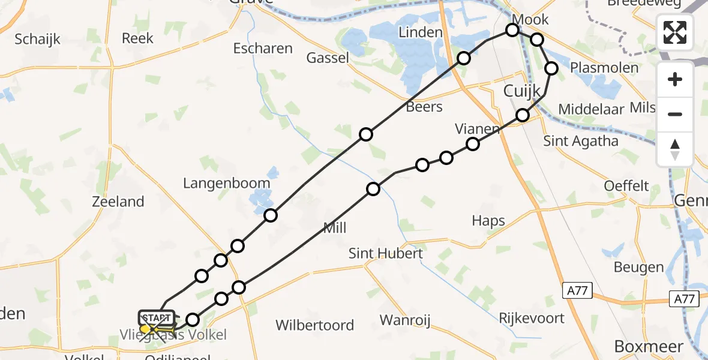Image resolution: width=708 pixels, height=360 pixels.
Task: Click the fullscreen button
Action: click(x=675, y=32)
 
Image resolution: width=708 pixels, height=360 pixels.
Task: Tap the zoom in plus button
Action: click(x=675, y=79)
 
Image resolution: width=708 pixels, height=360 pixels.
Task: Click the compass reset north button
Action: click(x=675, y=149)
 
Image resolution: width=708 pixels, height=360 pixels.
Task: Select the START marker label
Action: click(x=157, y=317)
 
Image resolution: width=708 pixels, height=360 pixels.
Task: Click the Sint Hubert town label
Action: click(x=386, y=253)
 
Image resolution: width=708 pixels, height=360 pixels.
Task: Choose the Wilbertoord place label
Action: click(x=314, y=325)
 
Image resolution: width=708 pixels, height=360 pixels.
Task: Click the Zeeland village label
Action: click(x=118, y=202)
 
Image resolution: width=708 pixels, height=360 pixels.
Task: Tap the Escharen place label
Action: click(x=263, y=48)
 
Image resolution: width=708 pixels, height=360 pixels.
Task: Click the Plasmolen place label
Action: click(x=604, y=67)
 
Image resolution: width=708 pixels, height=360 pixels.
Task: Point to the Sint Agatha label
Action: click(x=580, y=141)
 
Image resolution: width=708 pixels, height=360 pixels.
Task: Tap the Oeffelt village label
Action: click(x=626, y=185)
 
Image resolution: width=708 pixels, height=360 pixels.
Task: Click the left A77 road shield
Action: click(x=578, y=291)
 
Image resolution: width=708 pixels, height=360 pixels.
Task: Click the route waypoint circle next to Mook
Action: click(x=512, y=30)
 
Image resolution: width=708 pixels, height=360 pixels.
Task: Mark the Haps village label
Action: click(x=488, y=220)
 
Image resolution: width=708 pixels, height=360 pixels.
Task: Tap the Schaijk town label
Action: click(x=38, y=39)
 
